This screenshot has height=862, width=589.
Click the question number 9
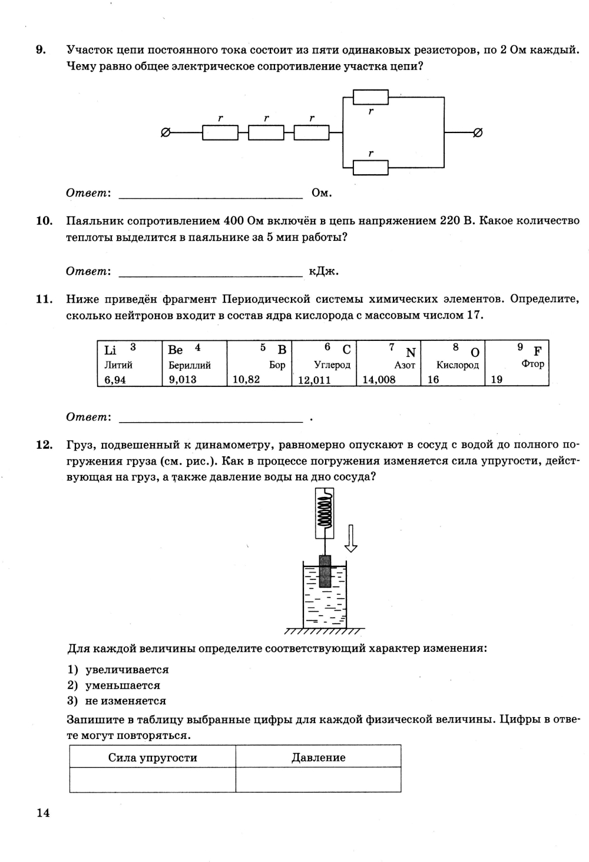[x=41, y=50]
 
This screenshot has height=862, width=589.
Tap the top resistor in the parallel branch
[x=370, y=97]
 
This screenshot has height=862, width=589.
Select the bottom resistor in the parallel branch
[x=370, y=168]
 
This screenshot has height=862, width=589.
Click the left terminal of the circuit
[x=166, y=133]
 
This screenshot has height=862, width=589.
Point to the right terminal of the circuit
[x=478, y=133]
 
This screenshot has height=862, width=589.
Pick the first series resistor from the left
[x=220, y=133]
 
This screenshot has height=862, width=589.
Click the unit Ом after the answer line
[x=322, y=193]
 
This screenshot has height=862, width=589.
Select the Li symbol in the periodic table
[x=110, y=350]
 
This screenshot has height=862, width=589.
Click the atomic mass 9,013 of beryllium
[x=183, y=380]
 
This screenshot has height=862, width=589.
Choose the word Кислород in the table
[x=458, y=365]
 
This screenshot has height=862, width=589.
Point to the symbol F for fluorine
[x=537, y=352]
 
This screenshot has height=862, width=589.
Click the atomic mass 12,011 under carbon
[x=315, y=380]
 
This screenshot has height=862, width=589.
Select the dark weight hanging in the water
[x=325, y=571]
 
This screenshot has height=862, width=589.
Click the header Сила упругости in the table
[x=153, y=758]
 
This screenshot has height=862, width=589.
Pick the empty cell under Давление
[x=318, y=780]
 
